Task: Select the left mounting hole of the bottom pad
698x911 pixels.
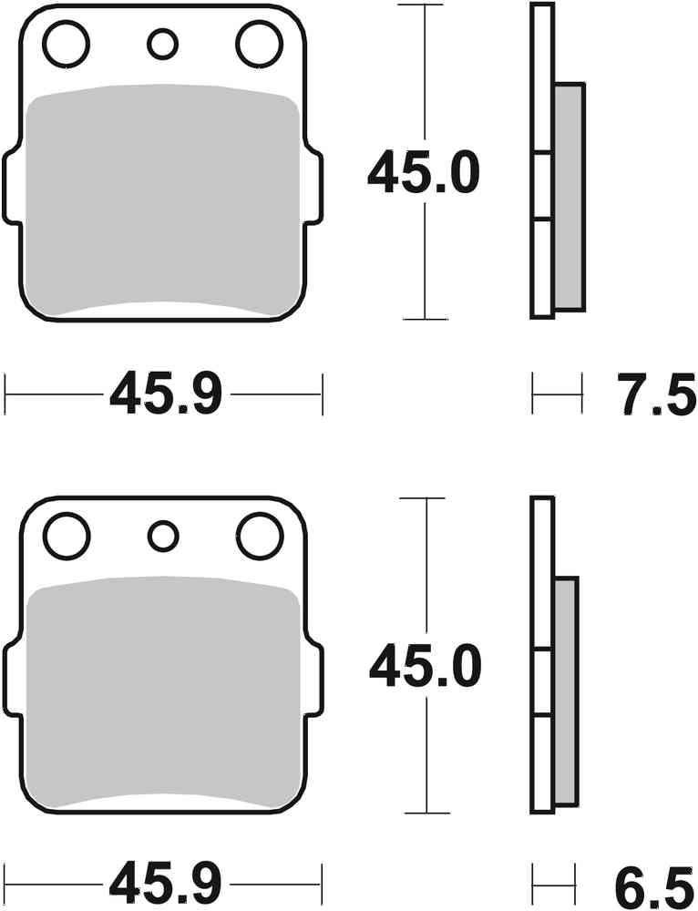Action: pyautogui.click(x=67, y=537)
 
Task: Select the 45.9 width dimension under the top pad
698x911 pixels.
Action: pyautogui.click(x=165, y=395)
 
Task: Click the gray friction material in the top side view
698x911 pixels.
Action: pyautogui.click(x=569, y=195)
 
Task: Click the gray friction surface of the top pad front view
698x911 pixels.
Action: pyautogui.click(x=164, y=200)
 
